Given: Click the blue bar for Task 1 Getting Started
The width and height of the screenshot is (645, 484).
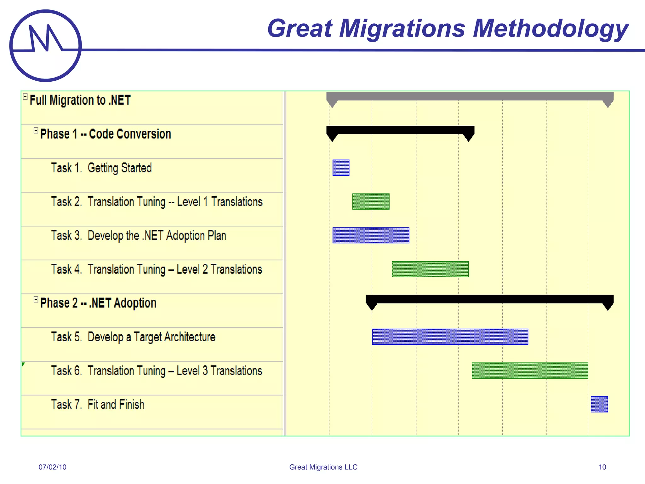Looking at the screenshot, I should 341,168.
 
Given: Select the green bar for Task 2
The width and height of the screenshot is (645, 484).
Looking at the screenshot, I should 371,202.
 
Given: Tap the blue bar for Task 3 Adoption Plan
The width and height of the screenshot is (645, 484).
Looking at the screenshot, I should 371,235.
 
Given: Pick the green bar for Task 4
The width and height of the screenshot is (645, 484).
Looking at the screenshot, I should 430,269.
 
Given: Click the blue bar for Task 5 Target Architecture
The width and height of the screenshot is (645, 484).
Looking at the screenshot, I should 450,337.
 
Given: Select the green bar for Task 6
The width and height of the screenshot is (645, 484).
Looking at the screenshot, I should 530,371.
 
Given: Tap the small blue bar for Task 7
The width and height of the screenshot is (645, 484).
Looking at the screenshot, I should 599,404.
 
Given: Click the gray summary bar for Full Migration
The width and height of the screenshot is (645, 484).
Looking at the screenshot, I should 469,96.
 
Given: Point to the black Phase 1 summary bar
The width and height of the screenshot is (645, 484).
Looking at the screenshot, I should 400,130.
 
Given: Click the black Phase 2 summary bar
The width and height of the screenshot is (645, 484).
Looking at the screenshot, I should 490,299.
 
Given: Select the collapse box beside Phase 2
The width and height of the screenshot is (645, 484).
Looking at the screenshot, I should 36,299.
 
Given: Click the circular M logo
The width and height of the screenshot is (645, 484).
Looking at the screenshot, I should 46,46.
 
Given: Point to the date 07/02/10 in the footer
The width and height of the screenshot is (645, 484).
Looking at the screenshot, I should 52,467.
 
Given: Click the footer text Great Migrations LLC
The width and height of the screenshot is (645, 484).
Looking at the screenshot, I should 323,467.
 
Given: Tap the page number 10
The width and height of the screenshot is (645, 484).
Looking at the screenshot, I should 602,467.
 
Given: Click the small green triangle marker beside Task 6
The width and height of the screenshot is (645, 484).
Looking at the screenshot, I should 23,365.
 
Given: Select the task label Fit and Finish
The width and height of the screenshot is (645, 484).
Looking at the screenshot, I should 116,405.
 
